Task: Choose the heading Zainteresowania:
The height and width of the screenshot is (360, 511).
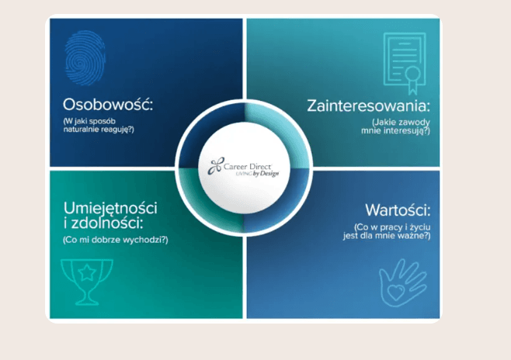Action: pos(368,106)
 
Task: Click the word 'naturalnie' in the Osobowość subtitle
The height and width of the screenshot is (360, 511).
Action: pos(82,129)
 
